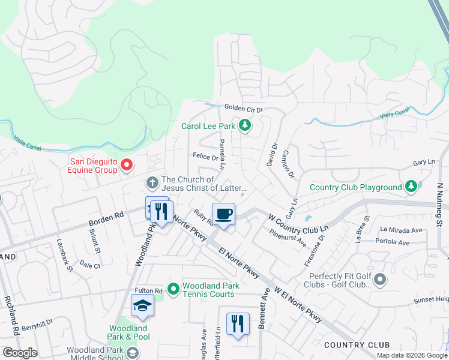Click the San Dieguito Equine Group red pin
126,164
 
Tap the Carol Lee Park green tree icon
244,126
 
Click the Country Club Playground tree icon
411,187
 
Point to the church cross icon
152,182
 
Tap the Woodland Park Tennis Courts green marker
173,289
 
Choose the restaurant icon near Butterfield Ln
238,324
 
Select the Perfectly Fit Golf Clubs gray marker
379,279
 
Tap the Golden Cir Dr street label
244,108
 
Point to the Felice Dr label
205,157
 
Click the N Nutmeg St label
439,204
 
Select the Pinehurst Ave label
288,238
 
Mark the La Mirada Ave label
402,230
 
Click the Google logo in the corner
20,353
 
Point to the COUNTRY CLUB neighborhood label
356,345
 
